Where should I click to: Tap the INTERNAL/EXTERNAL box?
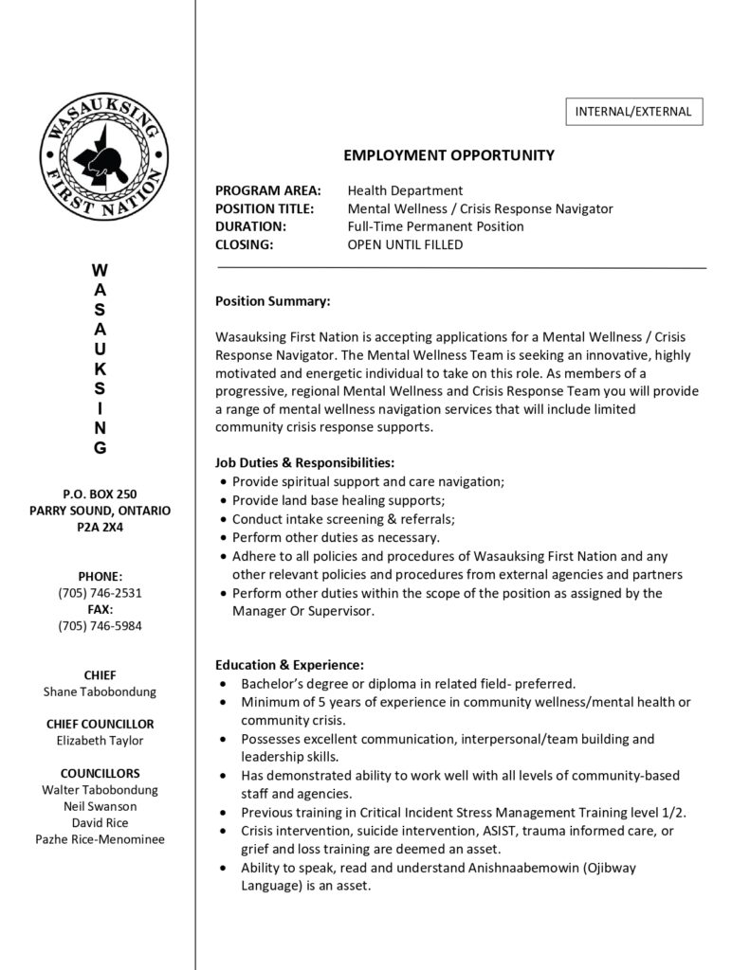[633, 112]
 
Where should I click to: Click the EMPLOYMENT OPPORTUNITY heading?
[448, 155]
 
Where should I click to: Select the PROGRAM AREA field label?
[268, 190]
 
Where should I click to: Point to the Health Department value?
[405, 190]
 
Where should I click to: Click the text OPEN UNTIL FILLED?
[405, 244]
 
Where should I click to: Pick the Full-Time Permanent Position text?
[435, 226]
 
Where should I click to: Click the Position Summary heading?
[272, 301]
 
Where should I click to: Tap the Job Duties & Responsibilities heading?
[304, 462]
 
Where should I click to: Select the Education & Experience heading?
[289, 664]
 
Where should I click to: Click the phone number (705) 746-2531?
[100, 592]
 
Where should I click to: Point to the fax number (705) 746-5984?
[100, 625]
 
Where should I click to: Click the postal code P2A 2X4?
[100, 527]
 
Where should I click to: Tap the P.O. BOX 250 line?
[100, 493]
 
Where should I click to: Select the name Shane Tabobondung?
[100, 692]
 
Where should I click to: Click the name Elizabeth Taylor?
[100, 740]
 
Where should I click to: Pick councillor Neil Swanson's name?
[100, 805]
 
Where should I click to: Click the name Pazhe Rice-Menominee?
[100, 838]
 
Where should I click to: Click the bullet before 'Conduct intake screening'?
[223, 519]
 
